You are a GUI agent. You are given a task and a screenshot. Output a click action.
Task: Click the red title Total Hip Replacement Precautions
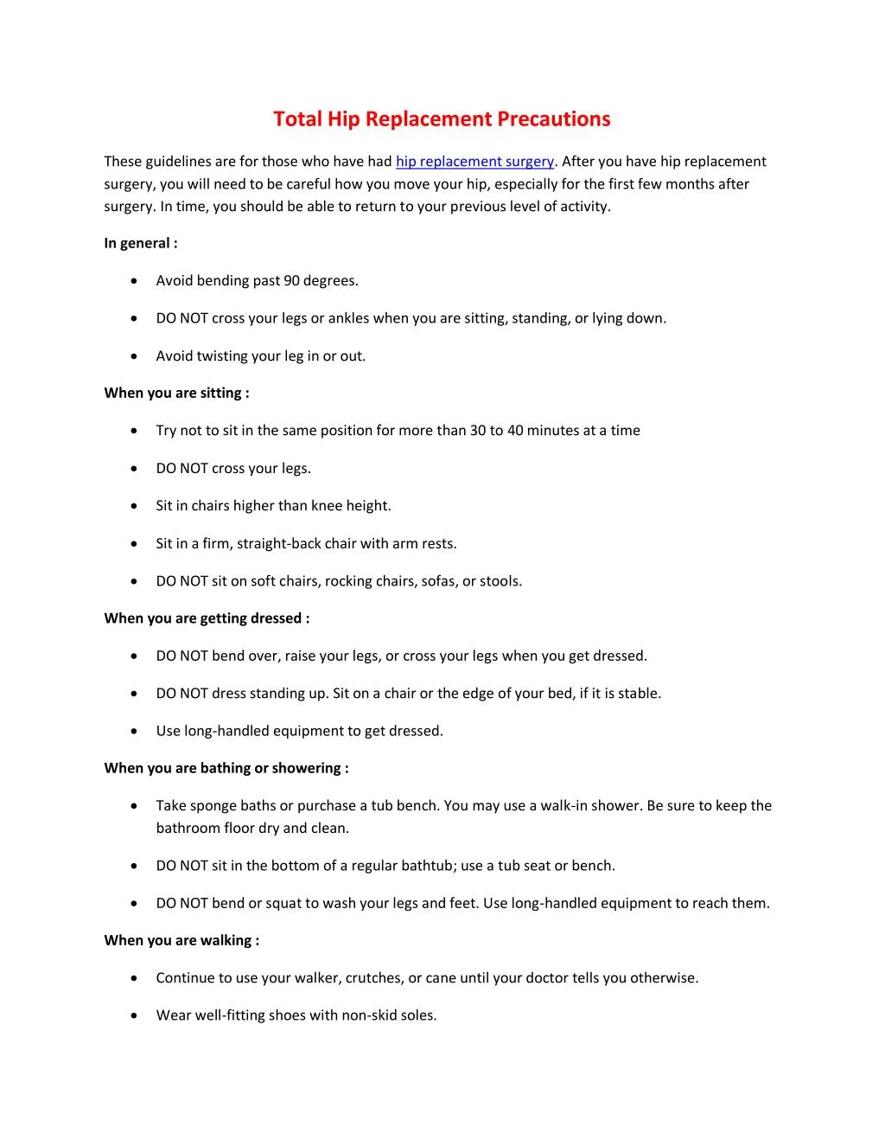click(442, 119)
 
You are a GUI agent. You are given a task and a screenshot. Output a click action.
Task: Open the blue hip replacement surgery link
click(474, 162)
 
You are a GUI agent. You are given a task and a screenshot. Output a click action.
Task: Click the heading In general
click(141, 243)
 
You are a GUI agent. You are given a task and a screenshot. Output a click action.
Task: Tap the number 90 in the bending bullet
click(291, 281)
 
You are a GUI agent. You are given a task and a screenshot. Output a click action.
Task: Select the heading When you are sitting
click(176, 393)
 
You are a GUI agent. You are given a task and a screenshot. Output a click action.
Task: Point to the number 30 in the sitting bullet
click(478, 431)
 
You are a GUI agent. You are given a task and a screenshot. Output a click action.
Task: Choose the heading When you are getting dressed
click(207, 618)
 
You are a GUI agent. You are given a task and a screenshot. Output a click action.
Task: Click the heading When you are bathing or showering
click(226, 768)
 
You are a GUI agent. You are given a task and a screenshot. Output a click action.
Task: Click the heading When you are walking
click(181, 940)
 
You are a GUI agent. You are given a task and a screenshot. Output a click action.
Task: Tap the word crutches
click(372, 978)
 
